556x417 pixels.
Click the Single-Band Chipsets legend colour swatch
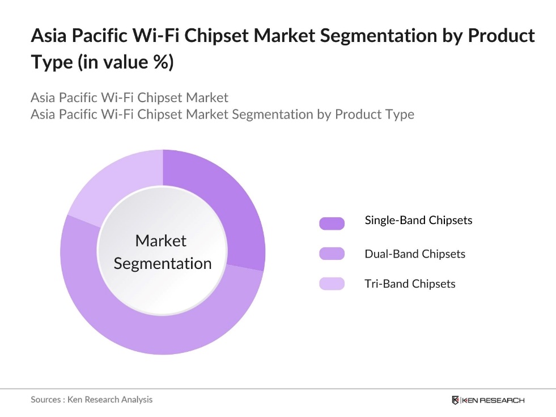tap(332, 223)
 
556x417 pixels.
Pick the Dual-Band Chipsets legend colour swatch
tap(332, 254)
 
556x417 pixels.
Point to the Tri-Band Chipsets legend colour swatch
tap(332, 283)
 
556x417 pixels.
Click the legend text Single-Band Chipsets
tap(418, 220)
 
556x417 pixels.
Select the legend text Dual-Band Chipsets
tap(415, 254)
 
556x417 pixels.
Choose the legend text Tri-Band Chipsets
tap(410, 283)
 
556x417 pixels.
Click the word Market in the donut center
tap(161, 241)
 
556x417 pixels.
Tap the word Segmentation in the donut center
tap(163, 263)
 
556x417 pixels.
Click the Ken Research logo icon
tap(455, 400)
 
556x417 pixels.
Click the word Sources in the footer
tap(45, 399)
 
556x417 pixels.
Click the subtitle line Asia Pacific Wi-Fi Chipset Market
tap(130, 97)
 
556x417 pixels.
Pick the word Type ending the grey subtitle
tap(400, 114)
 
